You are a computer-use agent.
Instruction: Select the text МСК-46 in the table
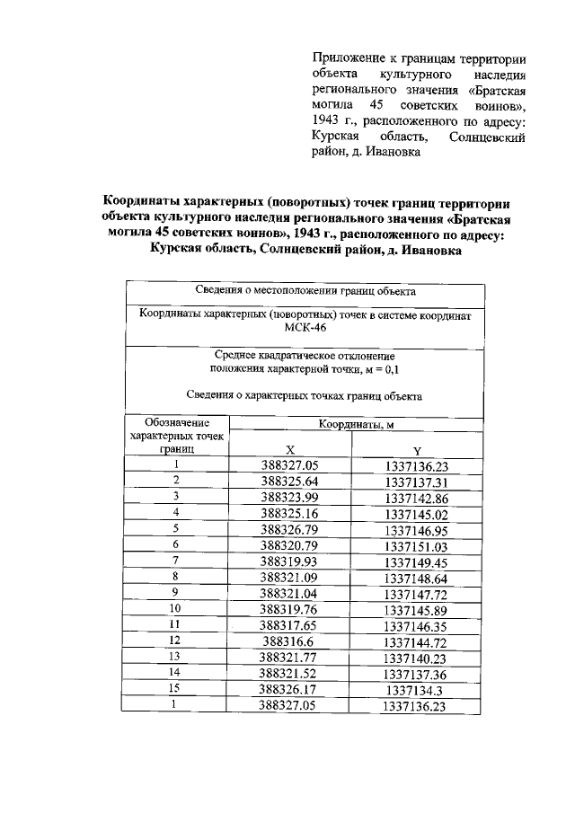304,328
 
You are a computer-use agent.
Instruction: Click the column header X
290,450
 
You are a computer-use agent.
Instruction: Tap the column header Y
417,450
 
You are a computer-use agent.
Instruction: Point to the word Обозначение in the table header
177,422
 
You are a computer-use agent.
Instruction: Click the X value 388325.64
290,481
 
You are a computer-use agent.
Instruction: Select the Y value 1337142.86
416,497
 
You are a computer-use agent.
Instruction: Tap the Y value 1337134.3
416,691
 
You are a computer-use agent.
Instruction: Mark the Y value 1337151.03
416,545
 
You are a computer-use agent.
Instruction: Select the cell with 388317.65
290,626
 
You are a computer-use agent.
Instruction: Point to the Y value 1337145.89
416,610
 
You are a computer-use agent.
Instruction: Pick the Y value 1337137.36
416,675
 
